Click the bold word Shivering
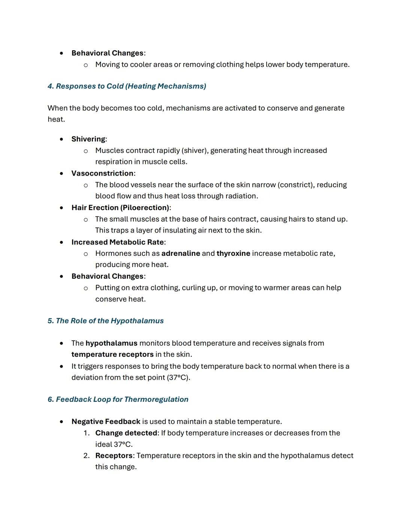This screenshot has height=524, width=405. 88,139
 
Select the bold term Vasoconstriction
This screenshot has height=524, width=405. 102,173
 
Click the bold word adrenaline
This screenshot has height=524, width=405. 181,254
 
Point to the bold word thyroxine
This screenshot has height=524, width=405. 233,254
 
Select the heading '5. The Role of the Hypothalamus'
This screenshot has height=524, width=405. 105,321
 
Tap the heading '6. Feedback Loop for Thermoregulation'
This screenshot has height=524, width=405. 118,399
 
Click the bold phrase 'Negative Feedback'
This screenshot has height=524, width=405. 106,422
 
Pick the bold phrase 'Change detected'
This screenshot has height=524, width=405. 126,433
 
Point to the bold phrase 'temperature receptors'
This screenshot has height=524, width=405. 112,354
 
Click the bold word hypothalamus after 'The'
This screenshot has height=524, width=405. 111,343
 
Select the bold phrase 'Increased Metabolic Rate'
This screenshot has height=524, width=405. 117,242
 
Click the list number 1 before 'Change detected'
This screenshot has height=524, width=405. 86,433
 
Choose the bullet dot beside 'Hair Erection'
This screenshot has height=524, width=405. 61,208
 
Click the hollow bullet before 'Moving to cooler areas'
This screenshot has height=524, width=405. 86,65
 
